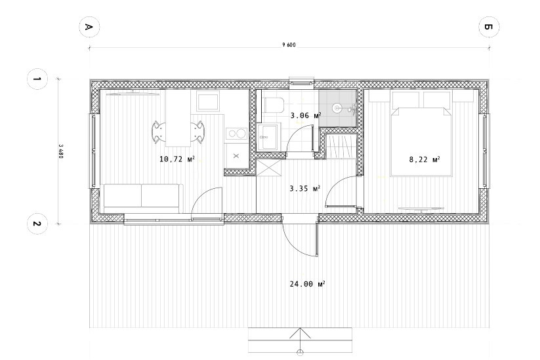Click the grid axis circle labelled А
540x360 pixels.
tap(89, 27)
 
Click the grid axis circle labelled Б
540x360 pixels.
tap(489, 27)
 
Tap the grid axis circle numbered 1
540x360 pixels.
tap(37, 79)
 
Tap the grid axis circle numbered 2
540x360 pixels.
tap(37, 224)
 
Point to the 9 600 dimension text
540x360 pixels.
tap(289, 45)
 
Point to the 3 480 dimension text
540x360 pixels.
tap(60, 151)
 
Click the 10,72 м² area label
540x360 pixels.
tap(177, 159)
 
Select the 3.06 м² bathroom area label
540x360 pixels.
tap(306, 115)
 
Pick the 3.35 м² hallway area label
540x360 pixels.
tap(305, 189)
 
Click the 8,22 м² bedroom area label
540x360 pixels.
tap(425, 159)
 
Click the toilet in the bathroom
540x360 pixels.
tap(273, 105)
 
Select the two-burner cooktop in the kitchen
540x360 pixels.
tap(236, 134)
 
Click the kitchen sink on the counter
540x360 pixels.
tap(208, 101)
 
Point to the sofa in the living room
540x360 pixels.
tap(142, 199)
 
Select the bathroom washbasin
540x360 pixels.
tap(268, 137)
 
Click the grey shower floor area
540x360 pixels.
tap(337, 108)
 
